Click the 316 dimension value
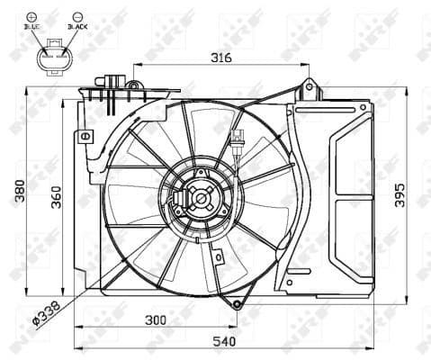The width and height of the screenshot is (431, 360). [x=221, y=57]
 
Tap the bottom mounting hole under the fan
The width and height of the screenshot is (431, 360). [x=236, y=304]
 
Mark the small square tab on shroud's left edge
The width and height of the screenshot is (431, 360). [x=86, y=137]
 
